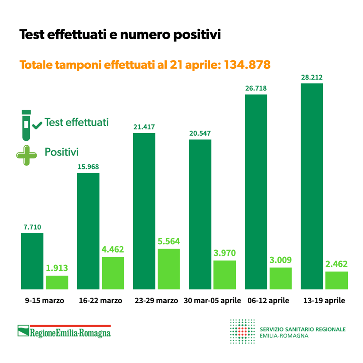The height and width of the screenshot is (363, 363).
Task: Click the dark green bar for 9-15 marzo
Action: pos(32,261)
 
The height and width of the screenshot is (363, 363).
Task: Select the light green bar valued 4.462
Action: pos(113,273)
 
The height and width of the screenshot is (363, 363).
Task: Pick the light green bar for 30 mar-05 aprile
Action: pos(225,275)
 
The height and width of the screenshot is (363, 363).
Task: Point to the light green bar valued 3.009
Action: pos(281,278)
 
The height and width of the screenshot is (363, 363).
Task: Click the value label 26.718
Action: pos(256,88)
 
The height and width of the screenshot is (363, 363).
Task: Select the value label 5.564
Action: pos(169,242)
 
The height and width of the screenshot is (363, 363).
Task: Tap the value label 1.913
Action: pos(57,268)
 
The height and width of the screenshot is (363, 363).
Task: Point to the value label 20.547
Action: pos(200,133)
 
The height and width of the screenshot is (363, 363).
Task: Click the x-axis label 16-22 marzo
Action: pos(101,301)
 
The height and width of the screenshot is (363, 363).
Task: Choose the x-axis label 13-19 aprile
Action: pos(324,301)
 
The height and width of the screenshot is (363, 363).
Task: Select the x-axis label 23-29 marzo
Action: pos(156,301)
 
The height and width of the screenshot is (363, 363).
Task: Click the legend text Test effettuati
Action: pos(76,123)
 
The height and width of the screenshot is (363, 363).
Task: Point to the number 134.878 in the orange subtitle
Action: pos(247,65)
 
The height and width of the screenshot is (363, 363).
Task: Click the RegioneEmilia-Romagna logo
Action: pos(64,332)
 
